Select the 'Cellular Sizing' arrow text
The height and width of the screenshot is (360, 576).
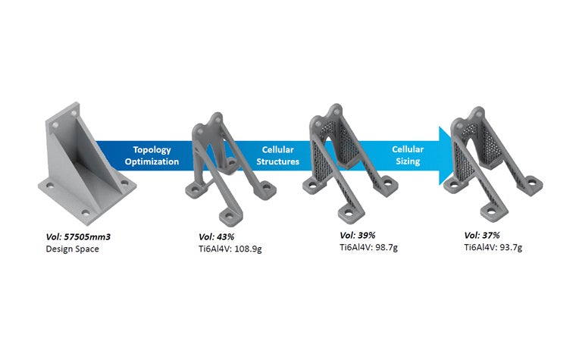coord(408,156)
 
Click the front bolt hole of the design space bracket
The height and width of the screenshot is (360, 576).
coord(84,212)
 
